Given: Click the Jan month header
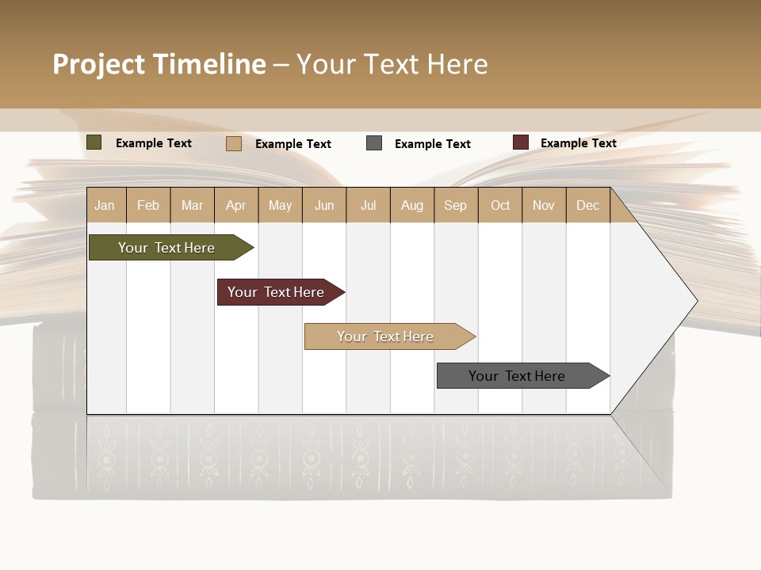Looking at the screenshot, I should tap(105, 205).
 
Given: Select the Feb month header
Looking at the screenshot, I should tap(148, 205).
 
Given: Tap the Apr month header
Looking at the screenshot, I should tap(235, 205).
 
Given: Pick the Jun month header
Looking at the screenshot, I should tap(324, 205).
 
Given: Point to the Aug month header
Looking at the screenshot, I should tap(411, 205).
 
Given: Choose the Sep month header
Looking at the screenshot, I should tap(455, 205).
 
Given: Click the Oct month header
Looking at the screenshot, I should tap(500, 205).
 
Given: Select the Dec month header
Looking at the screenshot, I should tap(587, 205).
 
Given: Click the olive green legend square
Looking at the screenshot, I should tap(94, 142).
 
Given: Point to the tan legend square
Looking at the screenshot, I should tap(233, 143).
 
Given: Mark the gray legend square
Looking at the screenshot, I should tap(374, 143).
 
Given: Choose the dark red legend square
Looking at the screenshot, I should tap(520, 142).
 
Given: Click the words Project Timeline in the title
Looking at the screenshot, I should tap(159, 64).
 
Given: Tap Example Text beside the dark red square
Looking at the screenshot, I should tap(578, 142).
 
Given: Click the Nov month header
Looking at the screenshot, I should tap(543, 205).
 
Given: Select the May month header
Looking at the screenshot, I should tap(280, 205).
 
